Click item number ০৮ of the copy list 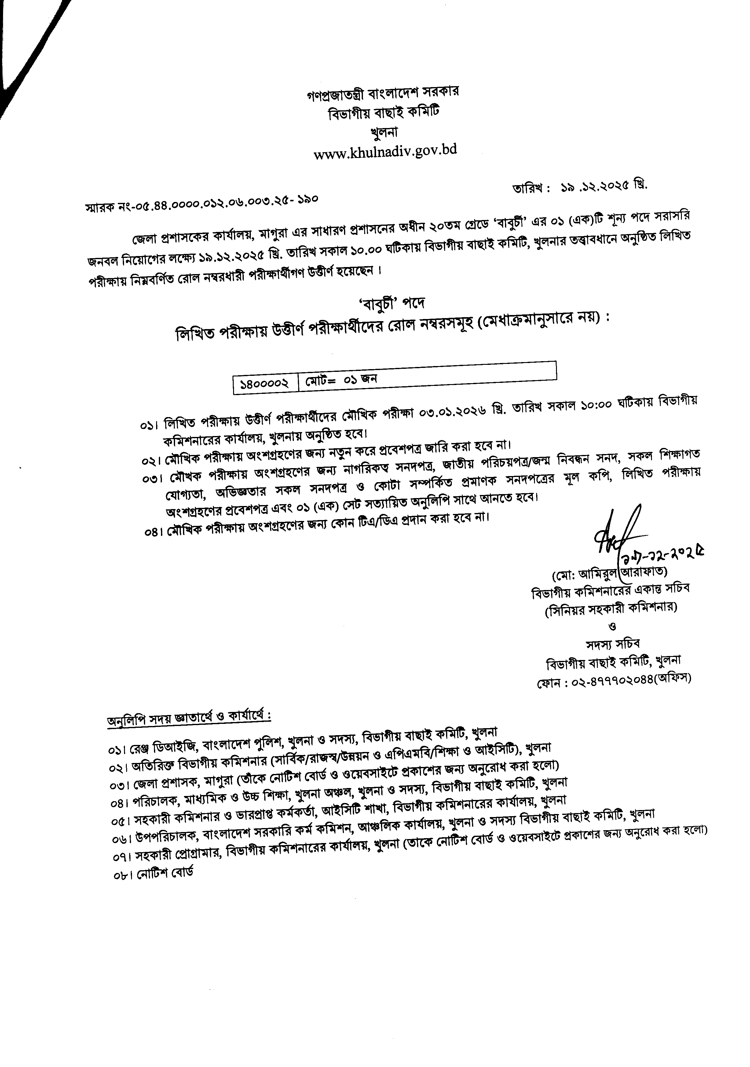point(118,874)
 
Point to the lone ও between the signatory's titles point(612,626)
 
